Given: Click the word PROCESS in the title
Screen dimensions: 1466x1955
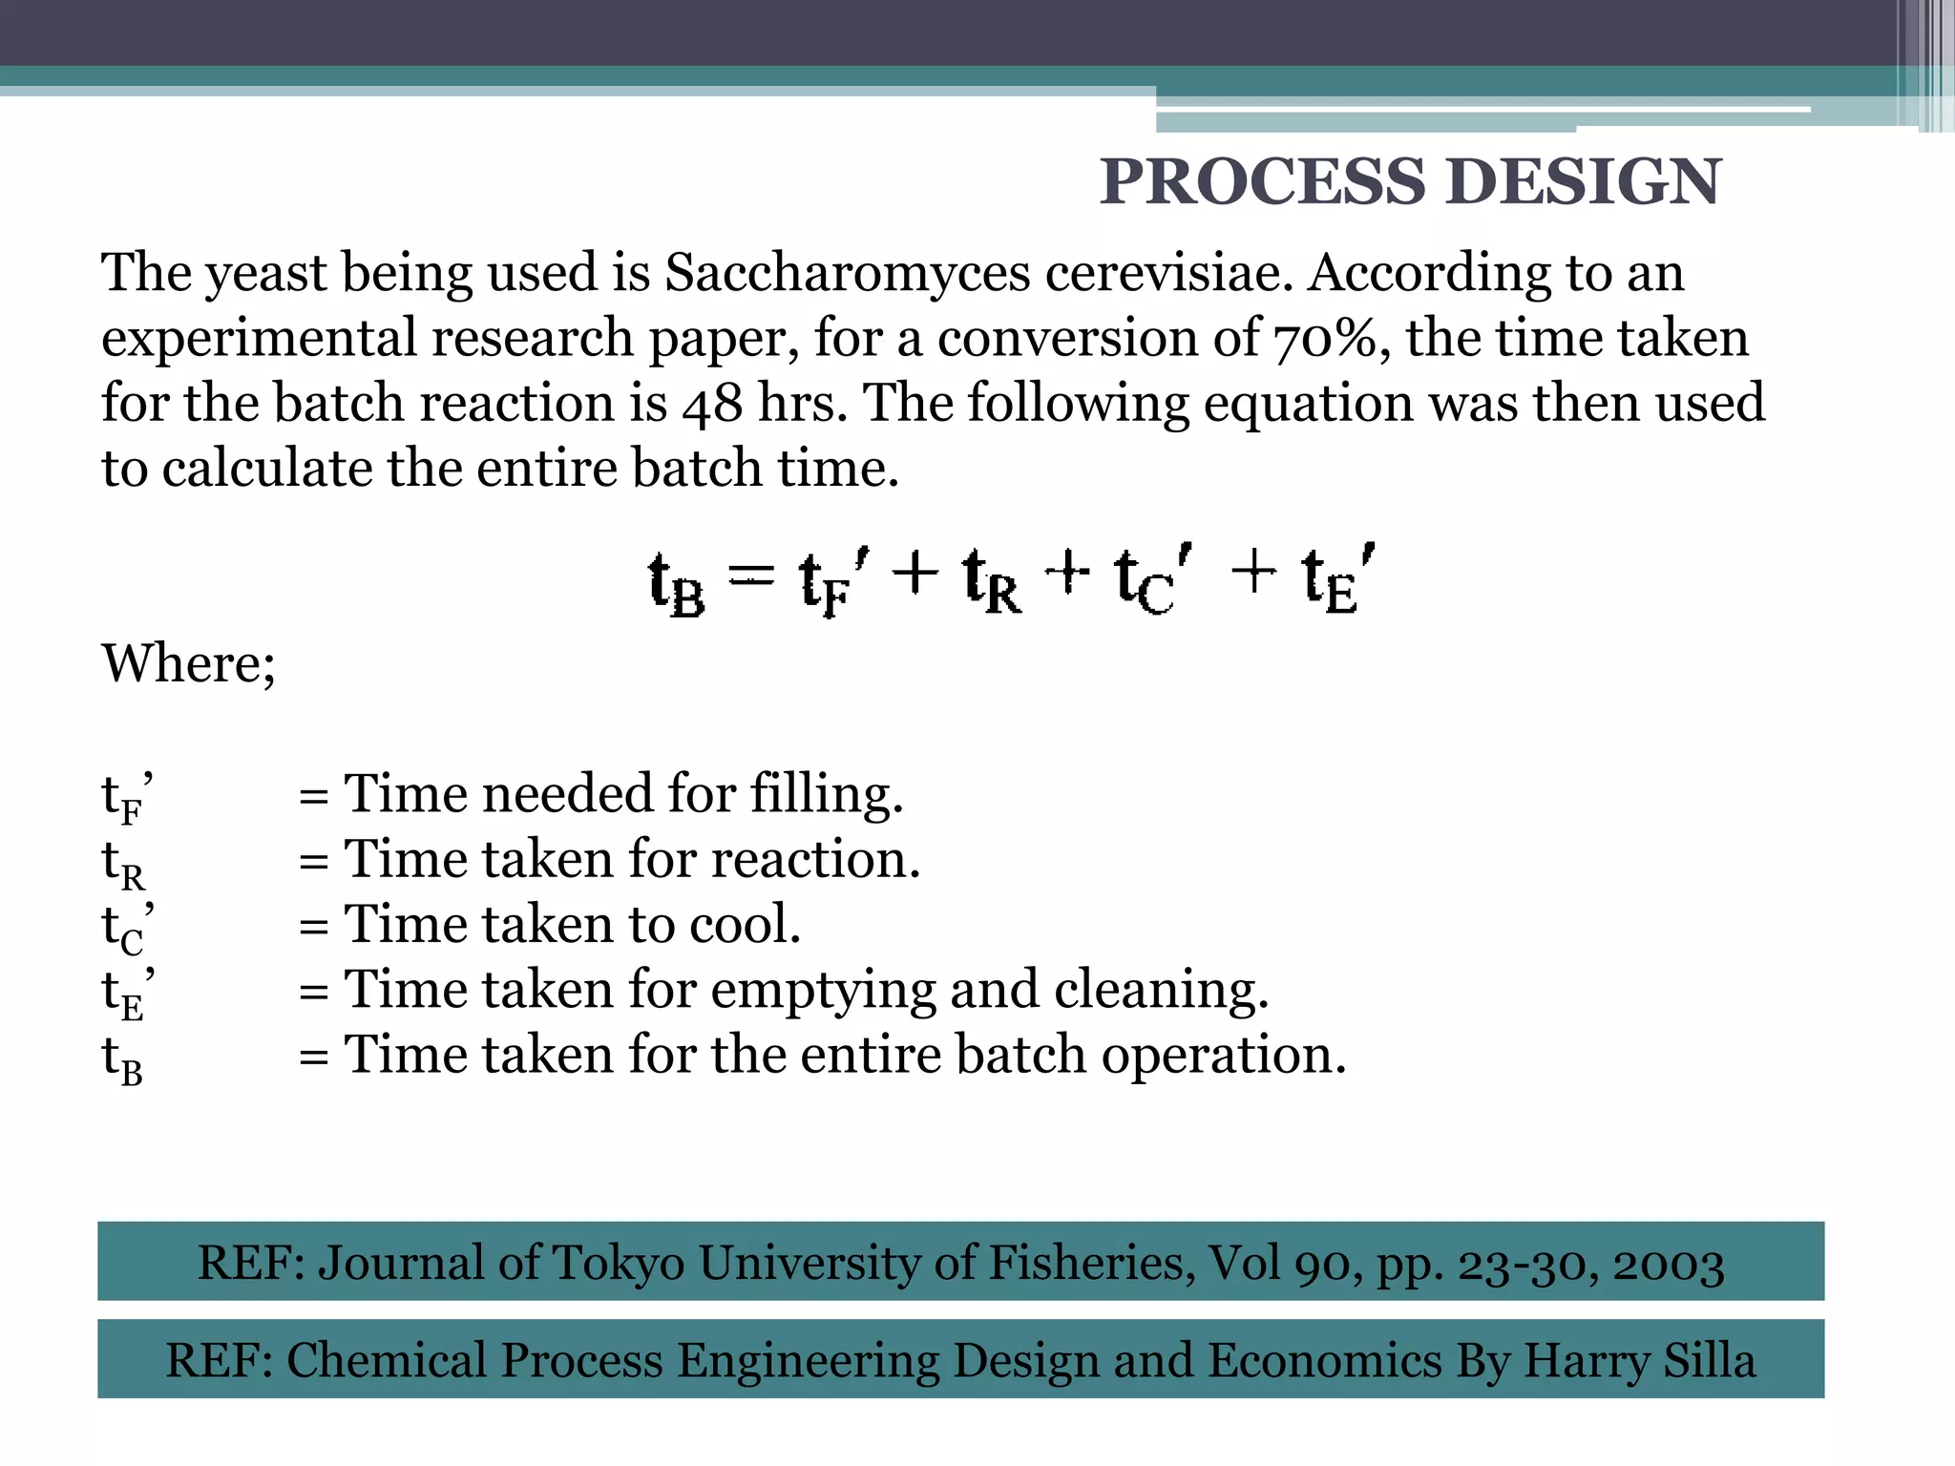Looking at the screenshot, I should pyautogui.click(x=1263, y=181).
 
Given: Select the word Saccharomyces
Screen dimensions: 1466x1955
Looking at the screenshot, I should pyautogui.click(x=847, y=273).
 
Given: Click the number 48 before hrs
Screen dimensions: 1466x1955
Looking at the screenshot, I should pyautogui.click(x=712, y=404).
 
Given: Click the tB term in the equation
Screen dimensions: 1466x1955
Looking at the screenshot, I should pyautogui.click(x=676, y=583).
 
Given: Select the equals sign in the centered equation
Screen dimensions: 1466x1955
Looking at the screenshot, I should pyautogui.click(x=751, y=575).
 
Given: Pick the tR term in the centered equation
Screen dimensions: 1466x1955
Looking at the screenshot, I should pyautogui.click(x=991, y=581).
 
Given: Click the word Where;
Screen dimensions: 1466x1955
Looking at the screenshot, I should pyautogui.click(x=189, y=663).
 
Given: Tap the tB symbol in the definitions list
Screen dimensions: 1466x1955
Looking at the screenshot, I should pyautogui.click(x=122, y=1059).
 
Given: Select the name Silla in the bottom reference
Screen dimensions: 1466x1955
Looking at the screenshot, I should pyautogui.click(x=1709, y=1361).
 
